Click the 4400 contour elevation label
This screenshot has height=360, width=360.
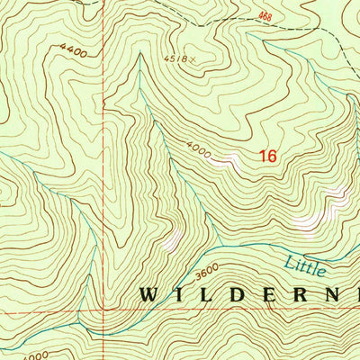pos(76,54)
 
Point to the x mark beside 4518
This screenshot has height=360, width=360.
pos(192,60)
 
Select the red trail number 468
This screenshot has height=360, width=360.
pos(265,15)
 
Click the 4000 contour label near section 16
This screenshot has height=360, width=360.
pos(199,150)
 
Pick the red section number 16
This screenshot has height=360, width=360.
pos(266,156)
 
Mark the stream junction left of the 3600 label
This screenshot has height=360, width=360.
pos(216,244)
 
